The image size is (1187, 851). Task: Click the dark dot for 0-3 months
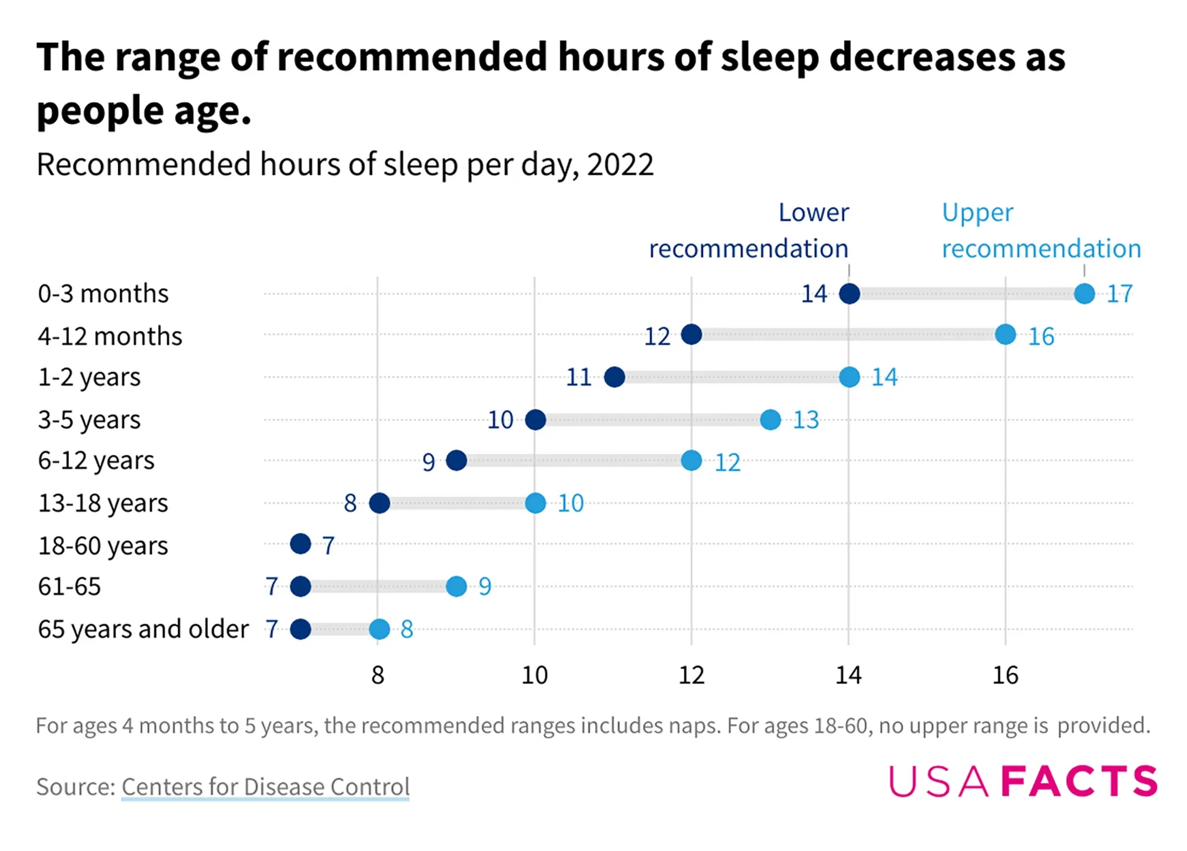(849, 293)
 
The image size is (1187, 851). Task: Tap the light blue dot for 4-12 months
(1005, 334)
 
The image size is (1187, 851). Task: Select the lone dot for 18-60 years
(300, 544)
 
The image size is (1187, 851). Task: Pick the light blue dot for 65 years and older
(379, 629)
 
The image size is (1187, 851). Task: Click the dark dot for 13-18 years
(379, 503)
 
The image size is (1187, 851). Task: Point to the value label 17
(1119, 294)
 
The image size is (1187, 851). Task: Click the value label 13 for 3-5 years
(806, 420)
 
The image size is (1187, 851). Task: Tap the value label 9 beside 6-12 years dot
(428, 462)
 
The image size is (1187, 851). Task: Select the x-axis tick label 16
(1005, 675)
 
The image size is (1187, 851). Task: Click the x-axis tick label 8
(378, 675)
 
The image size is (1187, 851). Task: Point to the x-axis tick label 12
(691, 675)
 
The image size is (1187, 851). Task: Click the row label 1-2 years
(89, 377)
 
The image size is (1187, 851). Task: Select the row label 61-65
(70, 586)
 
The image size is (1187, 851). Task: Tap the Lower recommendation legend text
(749, 231)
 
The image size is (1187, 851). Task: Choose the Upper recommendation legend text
(1041, 231)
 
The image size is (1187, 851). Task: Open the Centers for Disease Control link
(265, 786)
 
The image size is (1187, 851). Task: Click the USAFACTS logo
(1023, 781)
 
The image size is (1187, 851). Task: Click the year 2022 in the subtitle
(620, 164)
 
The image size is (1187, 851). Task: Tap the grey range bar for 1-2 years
(731, 377)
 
